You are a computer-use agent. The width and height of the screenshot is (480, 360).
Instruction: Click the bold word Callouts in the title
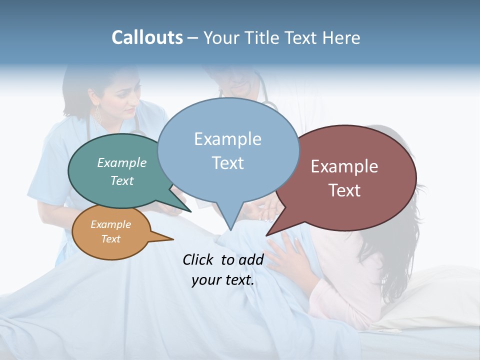point(147,37)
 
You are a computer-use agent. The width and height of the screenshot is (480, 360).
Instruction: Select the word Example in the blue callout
point(227,139)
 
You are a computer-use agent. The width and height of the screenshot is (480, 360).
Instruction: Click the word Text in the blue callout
point(227,162)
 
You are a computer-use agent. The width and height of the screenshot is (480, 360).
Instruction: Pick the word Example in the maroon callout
point(344,166)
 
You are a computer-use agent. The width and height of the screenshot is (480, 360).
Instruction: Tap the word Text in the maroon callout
point(344,190)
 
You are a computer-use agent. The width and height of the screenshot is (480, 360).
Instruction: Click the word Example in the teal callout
point(122,162)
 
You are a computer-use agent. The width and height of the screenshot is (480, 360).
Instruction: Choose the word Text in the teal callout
point(122,180)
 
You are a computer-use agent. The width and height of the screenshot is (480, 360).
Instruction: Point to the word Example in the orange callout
point(110,224)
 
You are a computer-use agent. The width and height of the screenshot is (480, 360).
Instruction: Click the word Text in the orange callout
point(110,238)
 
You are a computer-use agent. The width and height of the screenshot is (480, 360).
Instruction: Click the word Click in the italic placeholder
point(198,259)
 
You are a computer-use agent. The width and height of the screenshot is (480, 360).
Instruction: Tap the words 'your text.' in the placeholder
point(223,280)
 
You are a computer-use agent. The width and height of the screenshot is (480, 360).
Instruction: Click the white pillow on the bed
point(425,300)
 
